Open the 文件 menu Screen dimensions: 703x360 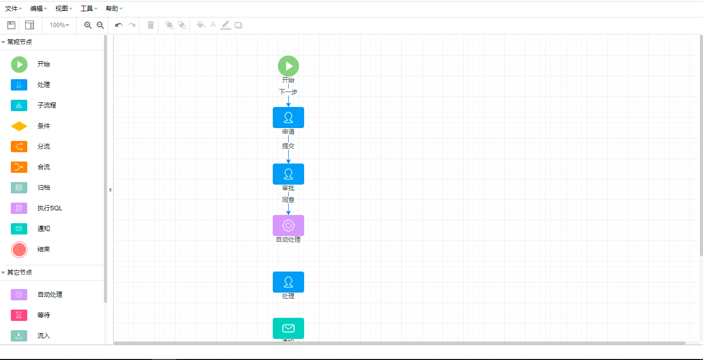tap(13, 9)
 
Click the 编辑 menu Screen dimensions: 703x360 tap(38, 9)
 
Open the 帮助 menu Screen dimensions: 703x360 tap(113, 9)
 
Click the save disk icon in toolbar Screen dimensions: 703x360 tap(11, 25)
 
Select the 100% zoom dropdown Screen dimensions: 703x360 tap(59, 25)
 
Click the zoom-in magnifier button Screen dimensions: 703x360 tap(88, 25)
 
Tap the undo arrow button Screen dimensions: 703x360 tap(119, 25)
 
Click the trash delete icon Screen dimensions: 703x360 tap(151, 25)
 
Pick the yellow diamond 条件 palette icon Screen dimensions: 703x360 tap(19, 126)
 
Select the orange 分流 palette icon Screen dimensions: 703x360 tap(19, 147)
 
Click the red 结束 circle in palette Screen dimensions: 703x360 tap(19, 249)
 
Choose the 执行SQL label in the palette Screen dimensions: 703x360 tap(50, 208)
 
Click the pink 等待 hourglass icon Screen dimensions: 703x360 tap(19, 315)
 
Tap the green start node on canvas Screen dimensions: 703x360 tap(288, 66)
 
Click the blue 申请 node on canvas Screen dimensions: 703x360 tap(288, 117)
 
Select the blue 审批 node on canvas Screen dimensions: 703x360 tap(288, 174)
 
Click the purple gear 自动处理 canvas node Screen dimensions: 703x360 tap(288, 225)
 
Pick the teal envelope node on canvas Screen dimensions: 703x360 tap(288, 328)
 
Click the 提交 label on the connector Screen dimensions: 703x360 tap(288, 146)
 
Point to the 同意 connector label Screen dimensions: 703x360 tap(288, 200)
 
